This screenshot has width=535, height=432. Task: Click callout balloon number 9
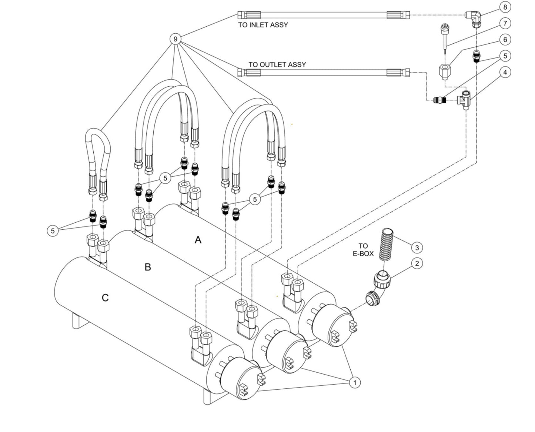click(x=175, y=39)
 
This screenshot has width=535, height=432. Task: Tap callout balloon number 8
click(x=505, y=7)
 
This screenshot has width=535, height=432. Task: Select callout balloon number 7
click(x=505, y=23)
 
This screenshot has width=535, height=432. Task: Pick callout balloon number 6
click(x=505, y=40)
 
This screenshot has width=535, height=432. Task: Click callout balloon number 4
click(x=505, y=72)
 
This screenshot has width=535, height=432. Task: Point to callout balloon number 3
click(x=417, y=247)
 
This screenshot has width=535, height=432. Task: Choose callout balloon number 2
click(x=417, y=263)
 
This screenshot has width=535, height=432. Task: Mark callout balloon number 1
click(x=355, y=382)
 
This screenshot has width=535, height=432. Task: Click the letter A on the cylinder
click(x=198, y=240)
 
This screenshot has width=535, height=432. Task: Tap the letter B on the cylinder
click(x=148, y=267)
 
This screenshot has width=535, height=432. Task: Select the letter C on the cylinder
click(x=105, y=298)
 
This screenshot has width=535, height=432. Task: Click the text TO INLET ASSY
click(x=263, y=25)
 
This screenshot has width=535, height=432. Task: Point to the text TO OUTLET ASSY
click(x=277, y=64)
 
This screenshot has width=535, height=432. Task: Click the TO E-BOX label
click(x=363, y=250)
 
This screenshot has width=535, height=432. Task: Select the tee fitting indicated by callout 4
click(x=464, y=99)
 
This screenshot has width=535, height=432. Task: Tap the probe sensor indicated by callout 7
click(x=445, y=41)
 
